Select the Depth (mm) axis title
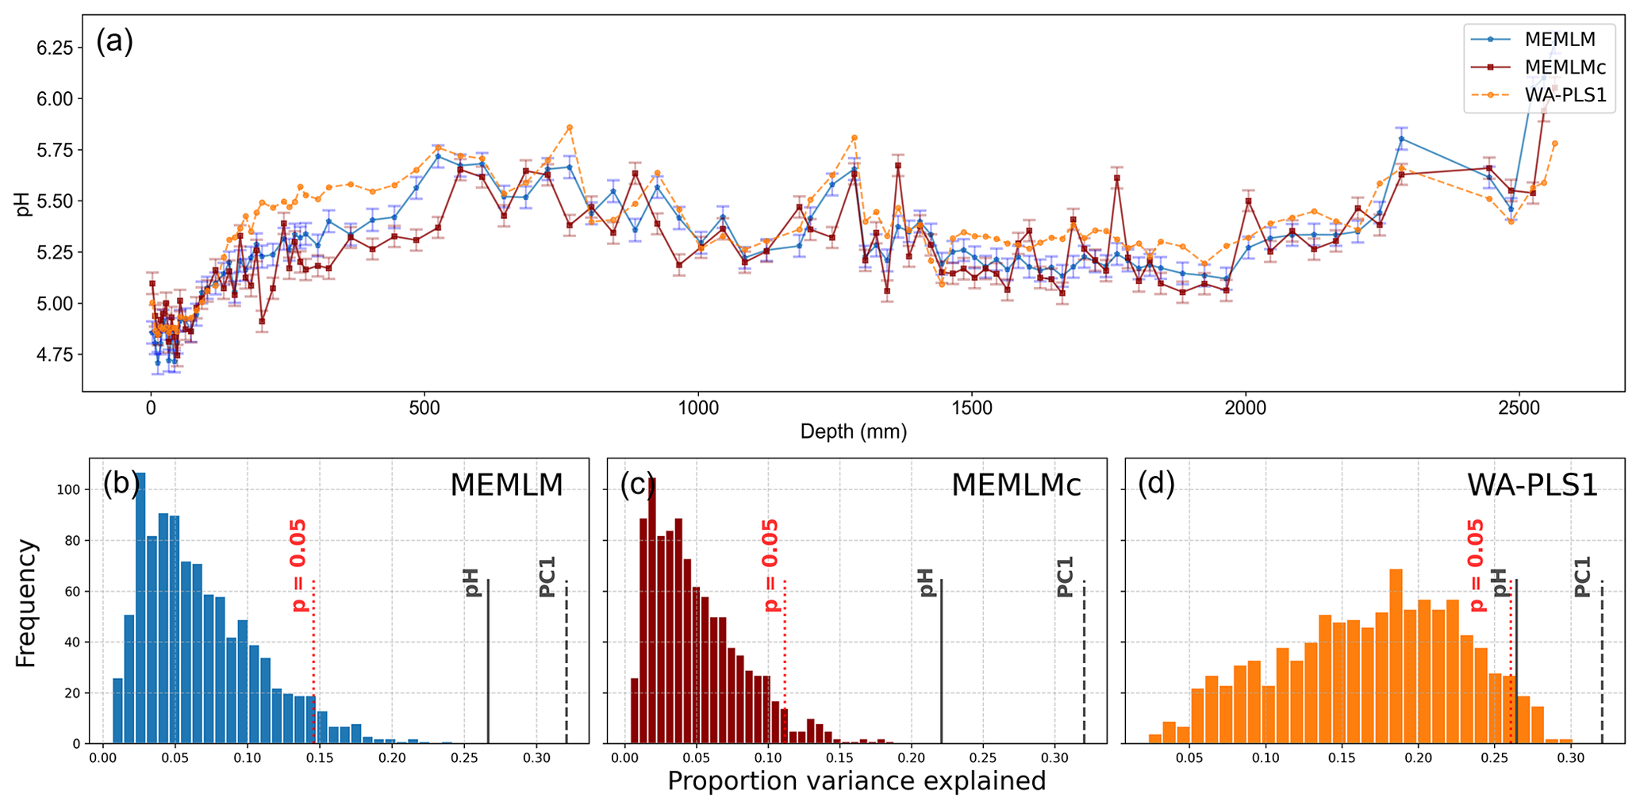coord(853,432)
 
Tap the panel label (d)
coord(1156,484)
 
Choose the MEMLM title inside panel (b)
coord(506,485)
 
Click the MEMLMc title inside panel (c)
coord(1016,485)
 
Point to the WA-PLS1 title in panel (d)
coord(1532,485)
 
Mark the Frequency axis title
coord(26,603)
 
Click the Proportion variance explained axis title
coord(856,782)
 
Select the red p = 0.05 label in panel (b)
coord(299,565)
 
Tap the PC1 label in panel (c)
coord(1065,577)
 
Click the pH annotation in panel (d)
coord(1499,582)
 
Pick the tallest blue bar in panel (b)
coord(140,608)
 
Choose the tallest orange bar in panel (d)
coord(1396,656)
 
